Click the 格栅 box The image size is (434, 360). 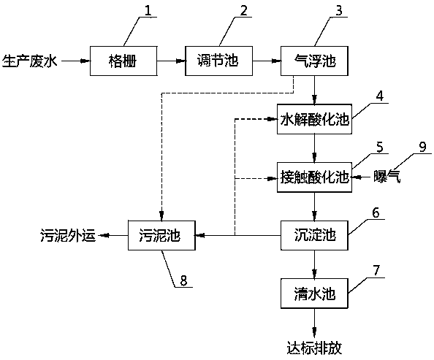tap(123, 61)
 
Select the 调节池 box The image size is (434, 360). tap(218, 61)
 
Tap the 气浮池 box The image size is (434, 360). tap(314, 61)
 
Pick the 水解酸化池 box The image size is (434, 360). tap(314, 119)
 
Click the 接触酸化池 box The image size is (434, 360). tap(314, 177)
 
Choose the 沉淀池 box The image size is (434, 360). tap(314, 235)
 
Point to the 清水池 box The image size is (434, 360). tap(314, 294)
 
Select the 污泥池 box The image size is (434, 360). tap(161, 235)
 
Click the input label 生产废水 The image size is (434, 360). tap(30, 61)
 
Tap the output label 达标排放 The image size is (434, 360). tap(314, 348)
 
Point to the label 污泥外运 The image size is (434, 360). tap(68, 236)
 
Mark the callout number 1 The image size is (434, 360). tap(148, 10)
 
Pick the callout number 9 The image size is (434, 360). tap(422, 147)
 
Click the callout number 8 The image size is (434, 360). tap(183, 280)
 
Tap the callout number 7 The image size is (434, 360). tap(376, 270)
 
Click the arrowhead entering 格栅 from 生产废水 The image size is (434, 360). tap(85, 61)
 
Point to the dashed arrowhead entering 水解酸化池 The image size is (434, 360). tap(273, 119)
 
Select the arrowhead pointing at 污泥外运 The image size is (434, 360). tap(104, 235)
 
